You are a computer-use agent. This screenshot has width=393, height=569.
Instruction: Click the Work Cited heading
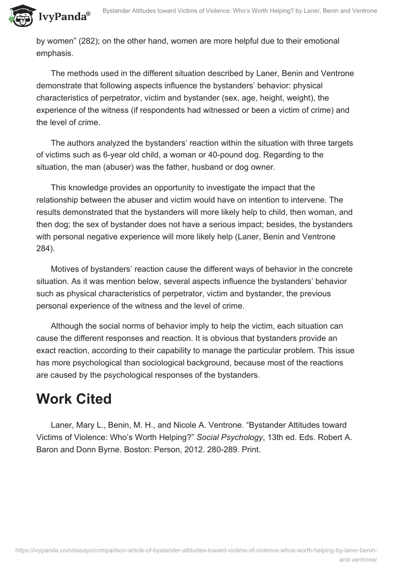(74, 399)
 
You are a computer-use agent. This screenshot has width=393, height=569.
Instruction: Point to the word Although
(68, 326)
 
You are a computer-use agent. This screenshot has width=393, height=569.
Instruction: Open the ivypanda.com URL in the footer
(196, 551)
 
